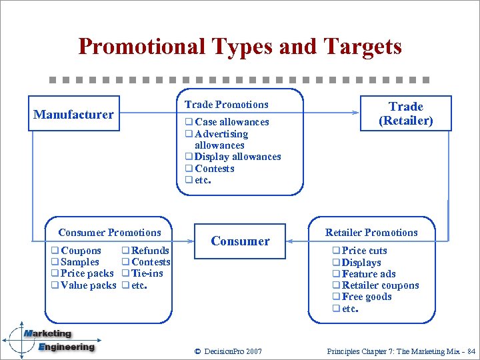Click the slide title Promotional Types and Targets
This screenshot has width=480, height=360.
tap(240, 47)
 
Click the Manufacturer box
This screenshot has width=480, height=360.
tap(74, 114)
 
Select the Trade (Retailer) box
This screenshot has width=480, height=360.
tap(405, 113)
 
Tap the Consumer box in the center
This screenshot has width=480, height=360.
tap(240, 241)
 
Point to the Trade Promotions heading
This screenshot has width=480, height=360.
tap(226, 105)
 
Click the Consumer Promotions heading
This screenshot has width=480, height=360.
tap(109, 233)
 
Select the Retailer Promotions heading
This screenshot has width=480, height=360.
tap(371, 233)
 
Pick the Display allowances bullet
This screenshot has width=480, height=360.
tap(237, 157)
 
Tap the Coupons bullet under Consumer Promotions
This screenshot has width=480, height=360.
tap(81, 251)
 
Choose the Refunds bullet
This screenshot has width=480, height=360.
tap(150, 251)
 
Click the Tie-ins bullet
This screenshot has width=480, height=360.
tap(147, 273)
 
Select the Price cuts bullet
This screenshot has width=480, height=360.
tap(364, 251)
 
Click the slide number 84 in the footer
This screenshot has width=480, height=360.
tap(471, 351)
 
